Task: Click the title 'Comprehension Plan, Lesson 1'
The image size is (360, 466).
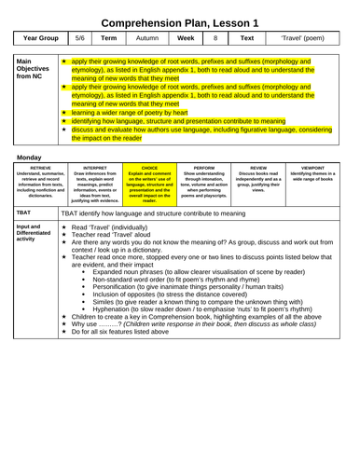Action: pos(180,15)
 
